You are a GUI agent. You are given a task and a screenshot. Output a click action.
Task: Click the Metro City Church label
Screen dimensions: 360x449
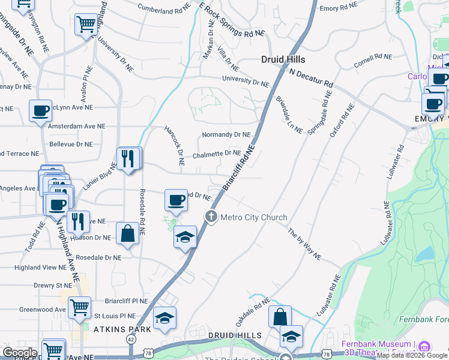[x=254, y=217]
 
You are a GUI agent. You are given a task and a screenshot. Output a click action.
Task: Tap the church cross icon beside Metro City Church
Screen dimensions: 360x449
[x=211, y=217]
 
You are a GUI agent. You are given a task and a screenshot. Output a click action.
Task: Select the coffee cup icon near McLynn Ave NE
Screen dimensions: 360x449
[x=40, y=110]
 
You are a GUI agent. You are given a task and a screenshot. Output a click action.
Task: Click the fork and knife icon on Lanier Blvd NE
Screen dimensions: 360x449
[x=128, y=158]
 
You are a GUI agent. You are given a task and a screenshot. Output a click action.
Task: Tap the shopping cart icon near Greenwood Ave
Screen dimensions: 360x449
[x=79, y=308]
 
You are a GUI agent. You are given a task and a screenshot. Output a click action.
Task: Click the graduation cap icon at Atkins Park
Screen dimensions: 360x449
[x=164, y=319]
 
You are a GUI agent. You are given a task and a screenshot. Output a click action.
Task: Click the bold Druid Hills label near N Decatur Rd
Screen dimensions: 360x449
[x=283, y=59]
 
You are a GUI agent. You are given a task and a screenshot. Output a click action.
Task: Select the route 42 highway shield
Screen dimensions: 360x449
[x=131, y=339]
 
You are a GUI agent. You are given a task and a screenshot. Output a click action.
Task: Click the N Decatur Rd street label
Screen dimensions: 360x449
[x=310, y=77]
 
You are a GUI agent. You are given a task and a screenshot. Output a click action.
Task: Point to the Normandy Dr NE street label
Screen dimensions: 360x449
[x=226, y=134]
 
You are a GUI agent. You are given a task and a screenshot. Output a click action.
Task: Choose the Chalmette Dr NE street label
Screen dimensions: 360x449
[x=217, y=154]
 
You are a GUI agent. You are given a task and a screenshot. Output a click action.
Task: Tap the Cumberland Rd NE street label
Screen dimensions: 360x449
[x=163, y=10]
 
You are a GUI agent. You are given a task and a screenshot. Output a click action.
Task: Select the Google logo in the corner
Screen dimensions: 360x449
[x=20, y=352]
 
